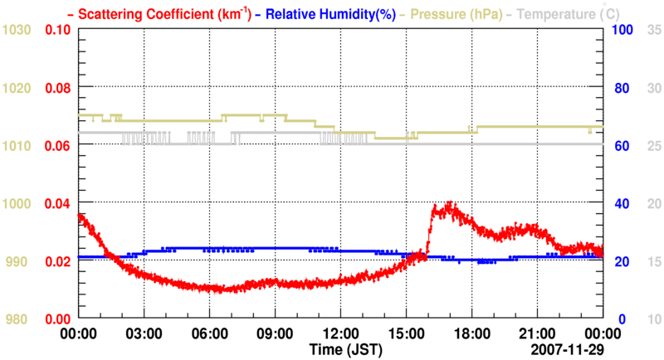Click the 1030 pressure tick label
point(17,30)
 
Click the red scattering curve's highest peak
point(449,203)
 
